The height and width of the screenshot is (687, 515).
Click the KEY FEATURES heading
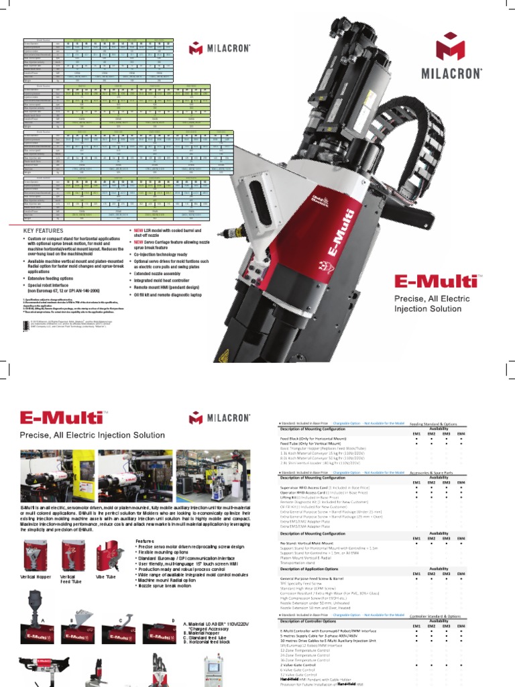coord(43,231)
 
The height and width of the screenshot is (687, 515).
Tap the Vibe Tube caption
coord(106,576)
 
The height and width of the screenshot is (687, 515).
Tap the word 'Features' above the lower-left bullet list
coord(145,541)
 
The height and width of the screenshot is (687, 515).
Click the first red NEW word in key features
coord(139,230)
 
